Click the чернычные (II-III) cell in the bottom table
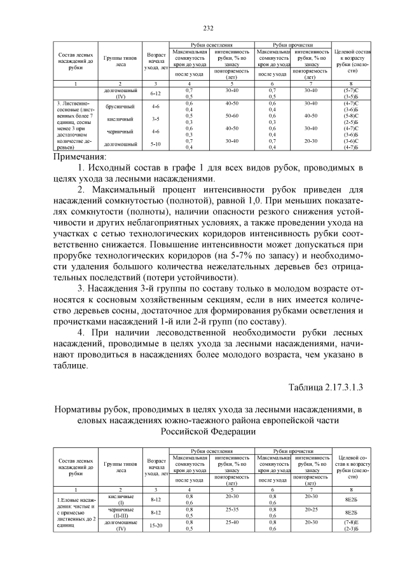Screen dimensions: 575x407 120,512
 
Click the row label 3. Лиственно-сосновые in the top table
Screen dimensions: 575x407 74,105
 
